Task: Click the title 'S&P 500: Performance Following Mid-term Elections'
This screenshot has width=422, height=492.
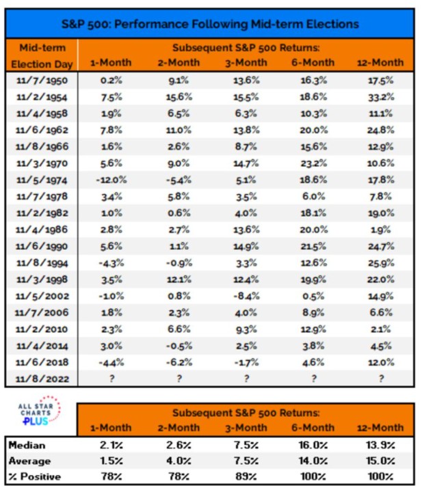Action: pyautogui.click(x=211, y=24)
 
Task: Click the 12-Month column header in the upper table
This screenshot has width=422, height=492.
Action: pyautogui.click(x=380, y=63)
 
